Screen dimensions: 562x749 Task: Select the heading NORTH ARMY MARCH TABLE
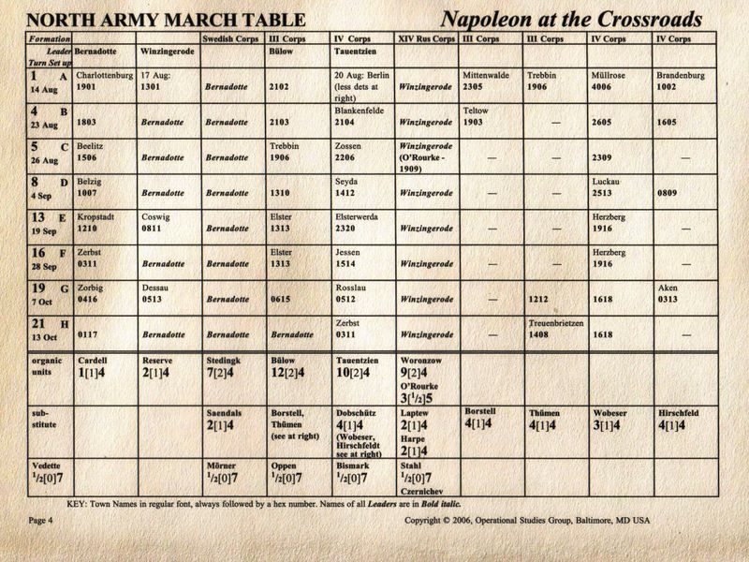pyautogui.click(x=165, y=19)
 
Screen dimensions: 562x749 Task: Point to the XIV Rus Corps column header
pyautogui.click(x=426, y=39)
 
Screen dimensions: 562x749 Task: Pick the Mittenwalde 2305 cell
pyautogui.click(x=489, y=80)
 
